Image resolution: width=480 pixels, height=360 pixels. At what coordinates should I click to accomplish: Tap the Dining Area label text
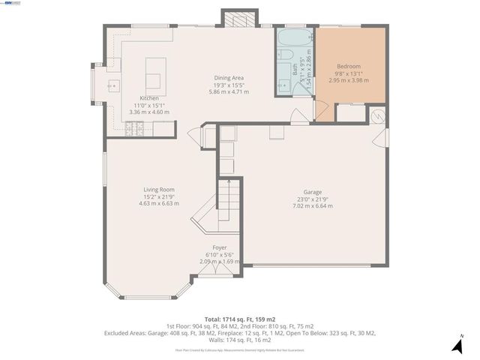(229, 78)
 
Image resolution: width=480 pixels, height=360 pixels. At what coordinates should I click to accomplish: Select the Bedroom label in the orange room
(349, 66)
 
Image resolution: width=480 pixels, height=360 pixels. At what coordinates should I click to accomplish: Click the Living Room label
(159, 190)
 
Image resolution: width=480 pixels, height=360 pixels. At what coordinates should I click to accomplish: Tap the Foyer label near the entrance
(220, 247)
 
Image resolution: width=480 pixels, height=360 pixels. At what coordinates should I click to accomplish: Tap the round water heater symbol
(379, 115)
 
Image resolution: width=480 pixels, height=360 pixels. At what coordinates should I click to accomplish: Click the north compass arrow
(457, 344)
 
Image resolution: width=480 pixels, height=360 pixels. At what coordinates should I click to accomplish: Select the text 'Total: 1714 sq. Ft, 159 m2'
(240, 319)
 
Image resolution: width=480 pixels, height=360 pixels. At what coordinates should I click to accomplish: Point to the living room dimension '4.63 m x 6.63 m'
(159, 203)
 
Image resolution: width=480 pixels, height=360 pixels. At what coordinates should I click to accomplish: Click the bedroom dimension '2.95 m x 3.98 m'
(349, 79)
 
